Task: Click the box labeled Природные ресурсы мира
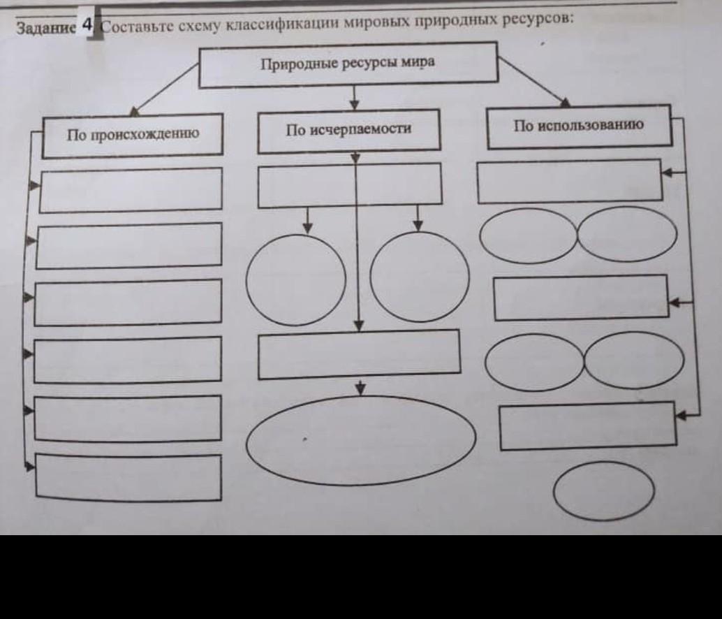348,64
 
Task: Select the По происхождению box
133,134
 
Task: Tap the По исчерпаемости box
348,130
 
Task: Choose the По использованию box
579,126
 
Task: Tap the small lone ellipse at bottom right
604,491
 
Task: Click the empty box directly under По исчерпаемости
350,186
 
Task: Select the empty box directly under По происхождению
131,190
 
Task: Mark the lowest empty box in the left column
128,477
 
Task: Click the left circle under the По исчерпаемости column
296,279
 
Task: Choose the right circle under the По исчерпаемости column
420,277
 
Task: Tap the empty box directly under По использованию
569,181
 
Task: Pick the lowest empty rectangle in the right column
588,425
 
